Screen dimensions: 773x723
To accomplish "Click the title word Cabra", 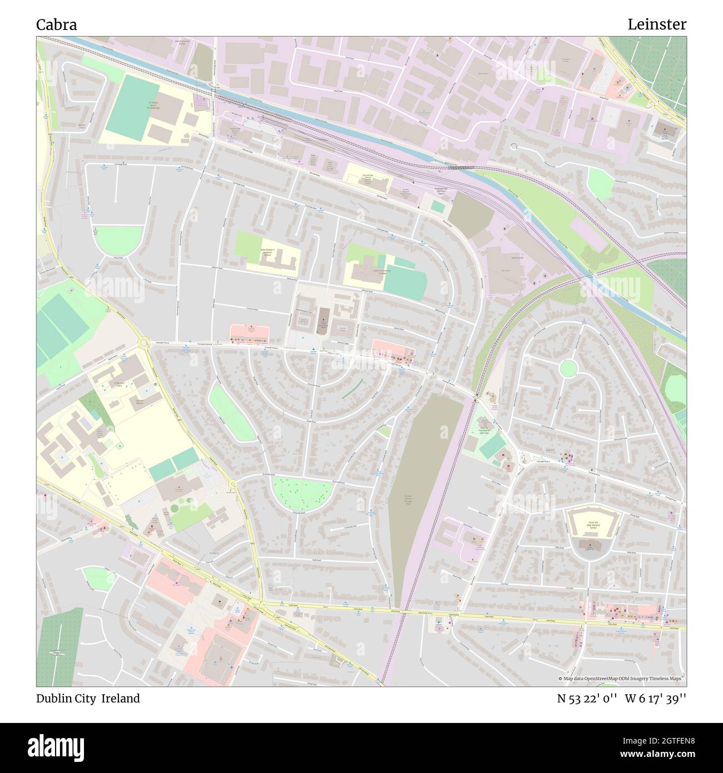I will pos(57,25).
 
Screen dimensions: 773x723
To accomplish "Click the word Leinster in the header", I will pos(657,24).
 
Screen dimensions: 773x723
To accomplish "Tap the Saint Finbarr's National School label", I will pos(271,251).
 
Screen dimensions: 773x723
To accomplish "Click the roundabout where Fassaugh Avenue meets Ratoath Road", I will pos(145,343).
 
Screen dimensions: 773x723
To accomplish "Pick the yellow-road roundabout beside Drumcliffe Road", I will pos(233,485).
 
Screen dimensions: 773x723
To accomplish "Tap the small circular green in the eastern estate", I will pos(568,368).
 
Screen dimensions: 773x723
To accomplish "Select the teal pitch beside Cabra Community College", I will pos(405,284).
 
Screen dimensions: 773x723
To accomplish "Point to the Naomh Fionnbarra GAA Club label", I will pos(483,430).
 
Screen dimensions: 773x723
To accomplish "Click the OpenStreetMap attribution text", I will pos(621,679).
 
